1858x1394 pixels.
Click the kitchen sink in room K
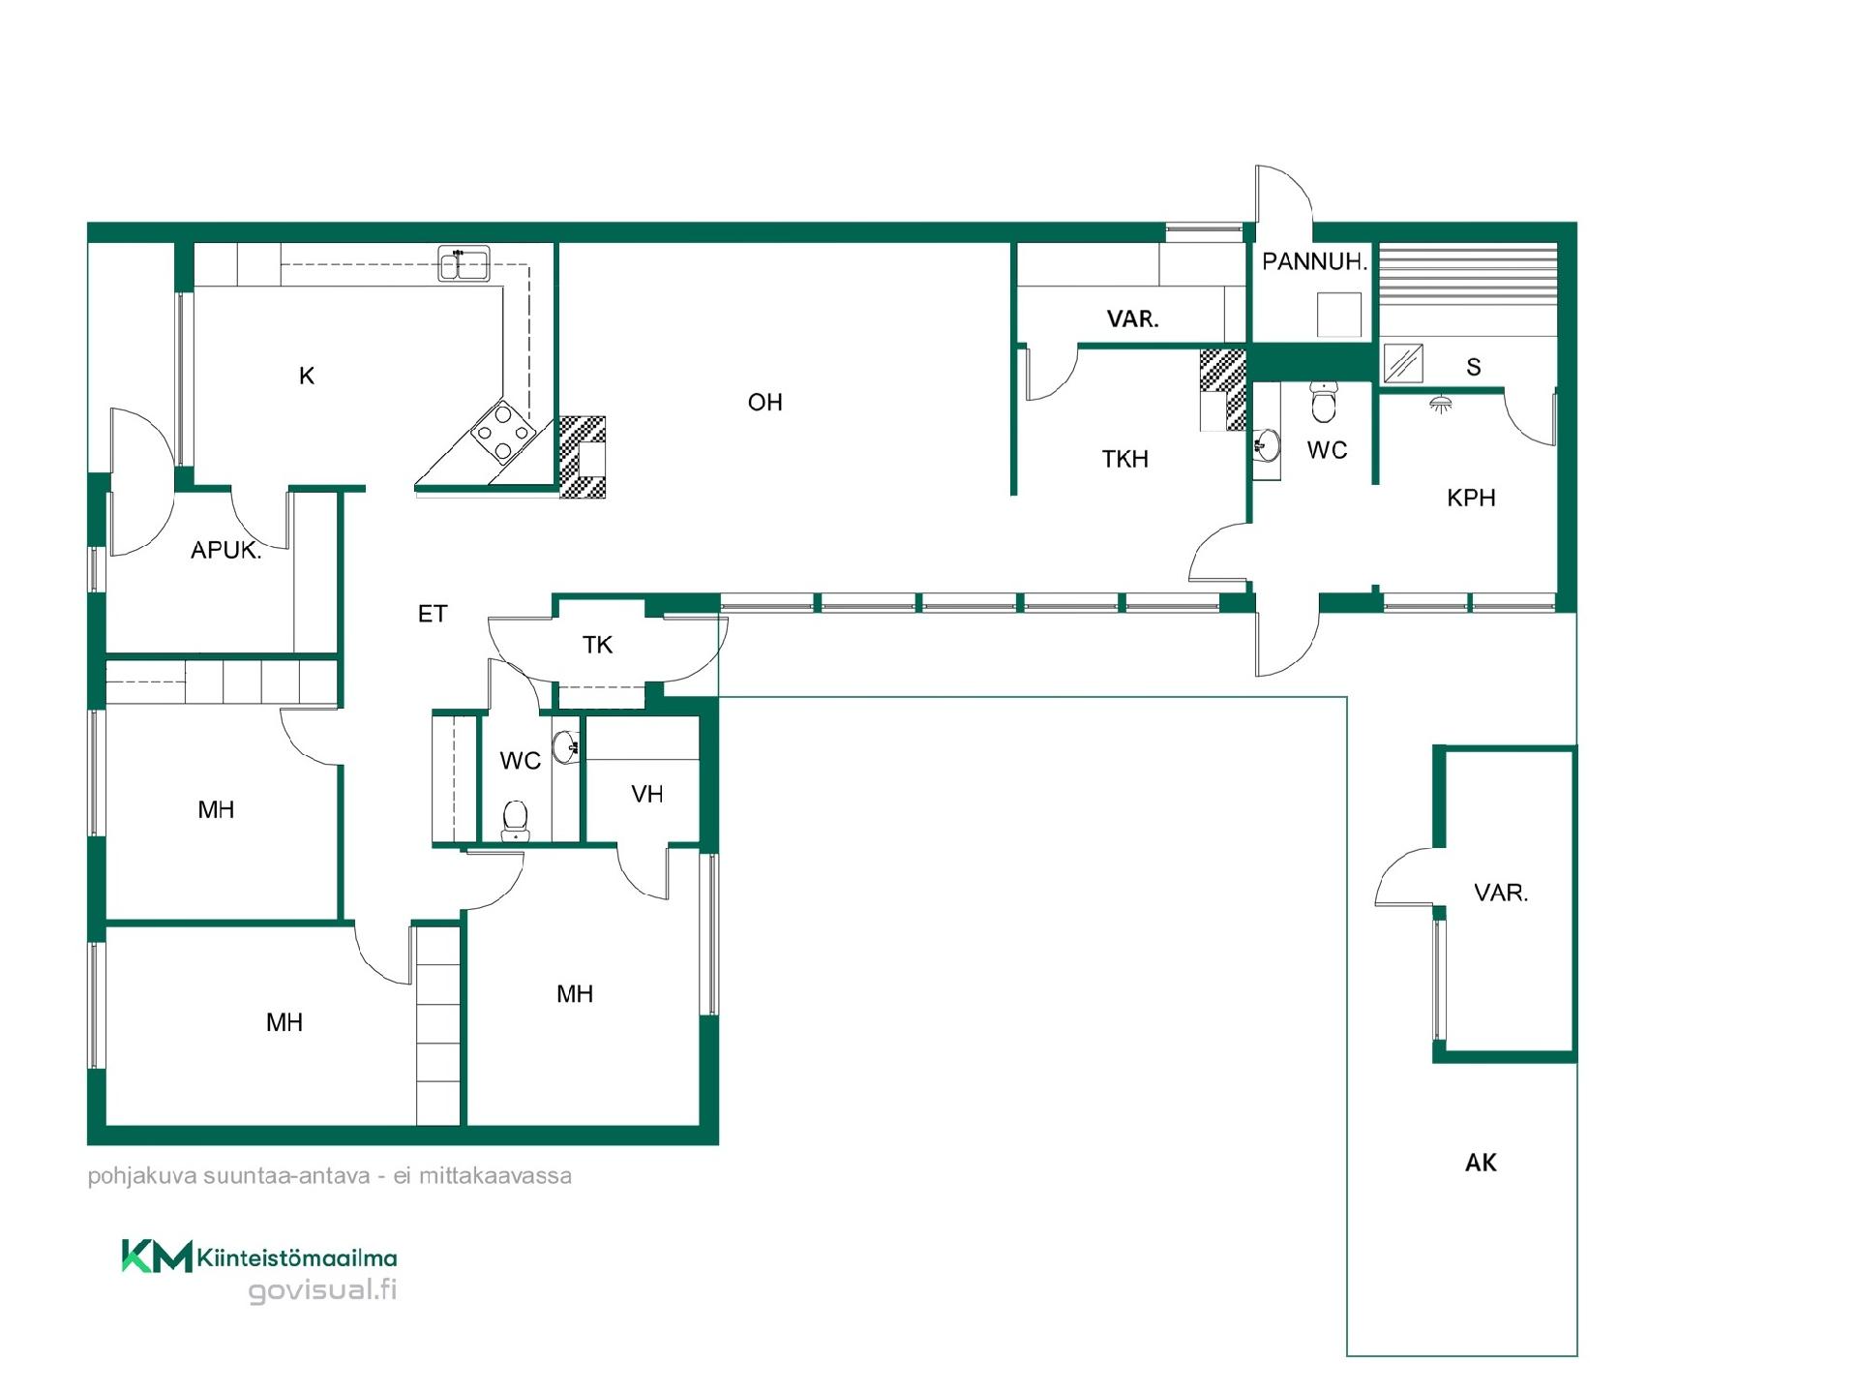click(x=464, y=263)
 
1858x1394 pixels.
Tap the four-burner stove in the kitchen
click(x=502, y=432)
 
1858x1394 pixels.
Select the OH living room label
click(x=764, y=403)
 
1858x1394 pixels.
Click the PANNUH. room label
click(x=1314, y=261)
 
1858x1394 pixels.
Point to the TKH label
click(x=1124, y=459)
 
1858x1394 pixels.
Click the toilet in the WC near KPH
click(x=1323, y=402)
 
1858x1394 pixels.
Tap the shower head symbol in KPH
click(x=1441, y=403)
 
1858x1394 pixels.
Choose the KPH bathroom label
click(x=1471, y=499)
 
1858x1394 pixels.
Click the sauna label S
click(x=1473, y=367)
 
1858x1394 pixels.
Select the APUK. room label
click(x=225, y=551)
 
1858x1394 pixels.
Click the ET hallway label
click(x=433, y=614)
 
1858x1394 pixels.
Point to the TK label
click(x=597, y=645)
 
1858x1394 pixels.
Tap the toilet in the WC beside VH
click(x=516, y=821)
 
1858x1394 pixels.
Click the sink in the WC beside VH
click(x=566, y=746)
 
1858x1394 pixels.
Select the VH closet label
click(x=646, y=795)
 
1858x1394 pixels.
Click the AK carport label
click(x=1481, y=1163)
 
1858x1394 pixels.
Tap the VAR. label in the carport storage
click(x=1501, y=893)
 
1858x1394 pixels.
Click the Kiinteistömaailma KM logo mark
click(x=157, y=1257)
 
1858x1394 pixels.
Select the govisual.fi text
click(x=322, y=1290)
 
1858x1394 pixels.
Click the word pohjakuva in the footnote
click(x=130, y=1176)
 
